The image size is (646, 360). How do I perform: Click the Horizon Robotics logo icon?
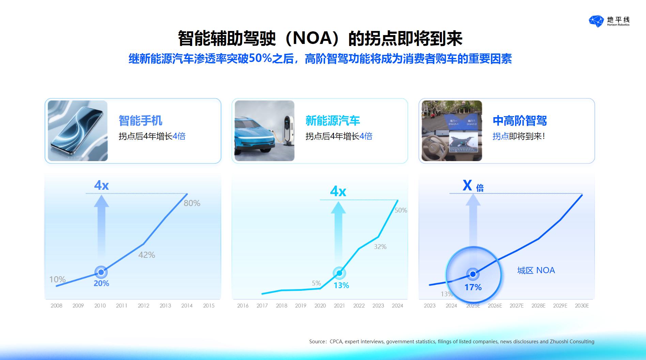click(x=596, y=21)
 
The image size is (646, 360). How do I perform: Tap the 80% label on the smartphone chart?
click(x=192, y=203)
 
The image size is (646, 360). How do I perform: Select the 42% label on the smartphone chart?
click(x=147, y=255)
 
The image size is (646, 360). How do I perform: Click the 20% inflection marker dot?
click(x=101, y=272)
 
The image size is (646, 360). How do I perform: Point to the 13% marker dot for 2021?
click(x=339, y=273)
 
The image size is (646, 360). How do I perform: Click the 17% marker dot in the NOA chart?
click(x=473, y=274)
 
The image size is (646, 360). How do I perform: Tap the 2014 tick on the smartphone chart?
click(x=187, y=306)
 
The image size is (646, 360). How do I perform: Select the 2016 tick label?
click(x=243, y=306)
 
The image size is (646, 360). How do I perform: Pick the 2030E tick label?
click(x=582, y=306)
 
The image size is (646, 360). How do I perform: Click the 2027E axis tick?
click(x=517, y=306)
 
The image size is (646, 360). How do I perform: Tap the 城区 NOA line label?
click(x=536, y=270)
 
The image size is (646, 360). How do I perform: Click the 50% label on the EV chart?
click(x=401, y=210)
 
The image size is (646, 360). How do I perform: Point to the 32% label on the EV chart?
click(x=380, y=247)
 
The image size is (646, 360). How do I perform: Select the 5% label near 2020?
click(x=317, y=283)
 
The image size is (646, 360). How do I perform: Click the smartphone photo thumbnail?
click(x=78, y=131)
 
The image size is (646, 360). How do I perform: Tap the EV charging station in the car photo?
click(x=288, y=129)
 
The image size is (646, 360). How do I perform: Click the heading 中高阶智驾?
click(x=520, y=121)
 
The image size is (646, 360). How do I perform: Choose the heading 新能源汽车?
click(x=333, y=121)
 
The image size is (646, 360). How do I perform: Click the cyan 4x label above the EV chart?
click(x=338, y=191)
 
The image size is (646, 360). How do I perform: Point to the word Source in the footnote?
click(x=318, y=342)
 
